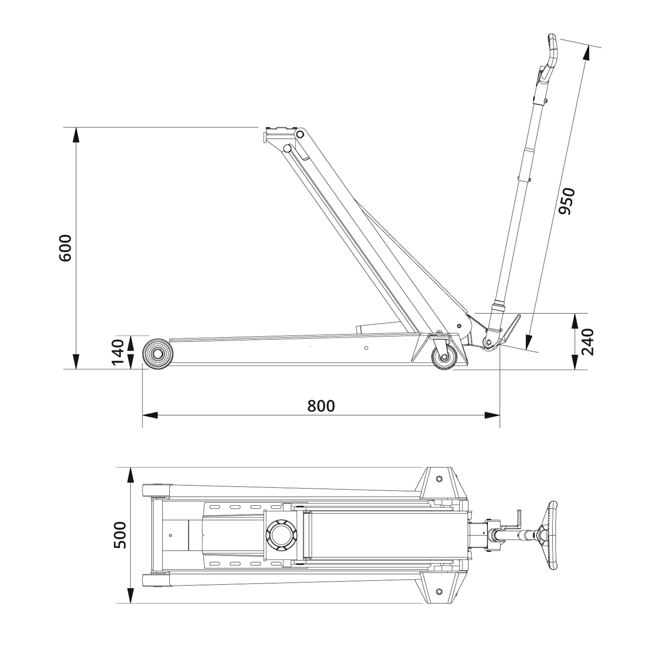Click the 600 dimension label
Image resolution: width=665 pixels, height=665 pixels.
click(x=66, y=248)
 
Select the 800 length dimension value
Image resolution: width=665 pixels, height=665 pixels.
click(x=321, y=406)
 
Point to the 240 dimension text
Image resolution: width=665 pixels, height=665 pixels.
click(x=587, y=342)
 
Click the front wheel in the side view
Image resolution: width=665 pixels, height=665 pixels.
click(x=158, y=354)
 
